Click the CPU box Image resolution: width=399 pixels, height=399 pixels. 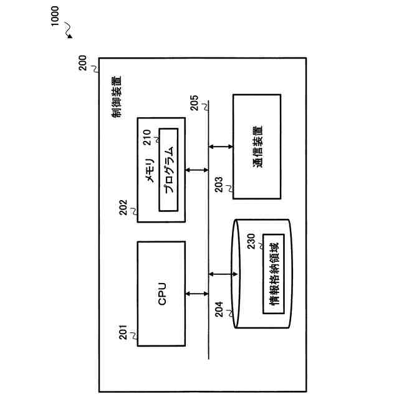point(161,293)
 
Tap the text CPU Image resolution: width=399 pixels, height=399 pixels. point(161,293)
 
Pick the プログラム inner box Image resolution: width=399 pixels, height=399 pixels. point(169,170)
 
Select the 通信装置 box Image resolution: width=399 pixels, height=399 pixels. point(257,147)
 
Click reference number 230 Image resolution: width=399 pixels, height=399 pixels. point(251,241)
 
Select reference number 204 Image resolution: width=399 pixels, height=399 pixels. point(219,310)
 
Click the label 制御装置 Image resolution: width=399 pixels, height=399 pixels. point(117,97)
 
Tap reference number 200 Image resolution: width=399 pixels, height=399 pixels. point(84,65)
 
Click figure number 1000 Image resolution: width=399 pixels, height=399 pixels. point(55,16)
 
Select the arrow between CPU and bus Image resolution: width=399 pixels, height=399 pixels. point(196,293)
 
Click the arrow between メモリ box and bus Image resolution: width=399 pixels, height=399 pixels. point(196,170)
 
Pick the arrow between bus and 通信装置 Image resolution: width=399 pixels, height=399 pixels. point(220,147)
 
